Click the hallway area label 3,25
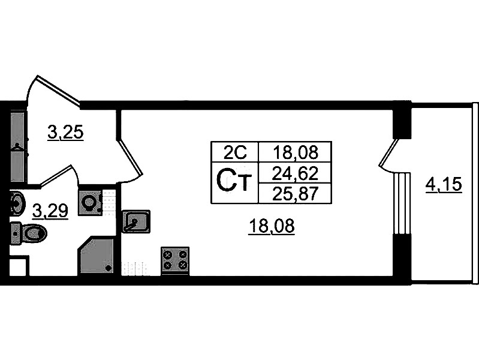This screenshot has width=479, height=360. click(x=65, y=133)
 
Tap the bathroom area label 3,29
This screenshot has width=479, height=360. click(x=50, y=211)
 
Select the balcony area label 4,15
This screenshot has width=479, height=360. click(x=444, y=185)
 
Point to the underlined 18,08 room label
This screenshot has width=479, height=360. click(x=272, y=227)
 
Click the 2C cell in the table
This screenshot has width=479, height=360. click(x=234, y=152)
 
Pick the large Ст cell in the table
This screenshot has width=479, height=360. click(x=234, y=182)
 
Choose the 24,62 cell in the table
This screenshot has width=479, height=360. click(x=295, y=173)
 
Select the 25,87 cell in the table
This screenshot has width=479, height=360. click(x=295, y=193)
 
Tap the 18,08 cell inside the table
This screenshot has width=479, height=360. click(x=295, y=152)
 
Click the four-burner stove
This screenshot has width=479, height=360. click(x=175, y=260)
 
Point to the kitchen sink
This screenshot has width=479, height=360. click(x=136, y=221)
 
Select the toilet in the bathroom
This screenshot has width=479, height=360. click(x=29, y=233)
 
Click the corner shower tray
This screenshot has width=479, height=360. click(x=97, y=256)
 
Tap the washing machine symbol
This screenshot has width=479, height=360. click(x=90, y=202)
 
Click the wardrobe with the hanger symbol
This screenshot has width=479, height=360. click(x=19, y=148)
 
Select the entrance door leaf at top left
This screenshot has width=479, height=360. click(x=58, y=91)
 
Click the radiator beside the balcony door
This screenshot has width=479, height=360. click(x=402, y=203)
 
